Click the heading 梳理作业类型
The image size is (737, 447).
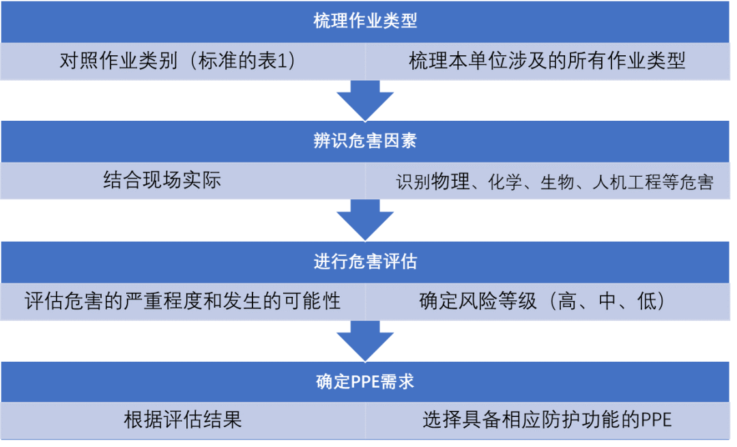(x=365, y=21)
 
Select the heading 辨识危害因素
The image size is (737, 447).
(x=365, y=141)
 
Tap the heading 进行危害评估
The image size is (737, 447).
(x=365, y=262)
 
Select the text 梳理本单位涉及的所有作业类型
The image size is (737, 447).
(x=547, y=61)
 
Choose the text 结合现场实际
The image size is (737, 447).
(x=162, y=181)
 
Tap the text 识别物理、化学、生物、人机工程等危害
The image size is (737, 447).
(x=554, y=182)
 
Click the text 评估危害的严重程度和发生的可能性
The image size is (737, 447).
(x=182, y=301)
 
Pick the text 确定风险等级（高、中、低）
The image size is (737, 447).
(x=543, y=301)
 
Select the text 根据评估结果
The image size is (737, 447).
(x=183, y=419)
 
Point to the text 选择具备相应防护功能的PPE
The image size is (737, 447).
(x=547, y=420)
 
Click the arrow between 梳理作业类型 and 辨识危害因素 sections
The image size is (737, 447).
(x=366, y=100)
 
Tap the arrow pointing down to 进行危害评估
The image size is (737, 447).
(x=366, y=220)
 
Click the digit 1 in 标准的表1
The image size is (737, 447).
(x=287, y=62)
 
